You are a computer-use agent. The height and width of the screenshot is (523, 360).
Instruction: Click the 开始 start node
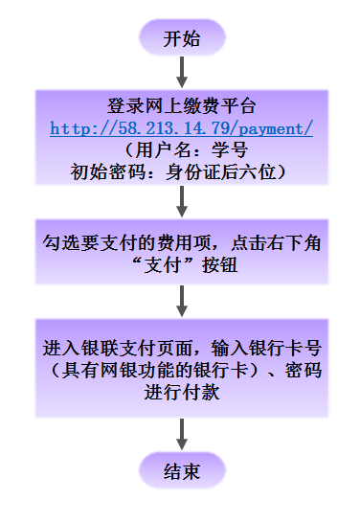181,39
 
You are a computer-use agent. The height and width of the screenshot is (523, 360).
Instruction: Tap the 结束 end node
181,471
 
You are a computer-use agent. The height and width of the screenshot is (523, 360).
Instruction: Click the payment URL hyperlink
181,127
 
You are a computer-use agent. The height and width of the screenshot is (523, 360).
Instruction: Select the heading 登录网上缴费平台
181,105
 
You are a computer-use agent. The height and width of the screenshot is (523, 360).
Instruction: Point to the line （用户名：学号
181,149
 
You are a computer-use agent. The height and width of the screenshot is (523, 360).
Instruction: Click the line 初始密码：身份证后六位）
181,171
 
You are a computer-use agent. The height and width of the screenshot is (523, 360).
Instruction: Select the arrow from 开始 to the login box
181,72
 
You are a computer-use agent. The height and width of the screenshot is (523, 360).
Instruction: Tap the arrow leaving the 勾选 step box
181,299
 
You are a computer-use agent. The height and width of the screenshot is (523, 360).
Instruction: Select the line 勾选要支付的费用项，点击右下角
181,243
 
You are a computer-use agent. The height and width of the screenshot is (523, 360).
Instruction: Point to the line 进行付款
181,391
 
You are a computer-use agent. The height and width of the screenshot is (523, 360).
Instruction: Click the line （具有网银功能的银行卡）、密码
181,369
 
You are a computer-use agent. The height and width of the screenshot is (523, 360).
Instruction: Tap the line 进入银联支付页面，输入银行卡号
181,347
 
